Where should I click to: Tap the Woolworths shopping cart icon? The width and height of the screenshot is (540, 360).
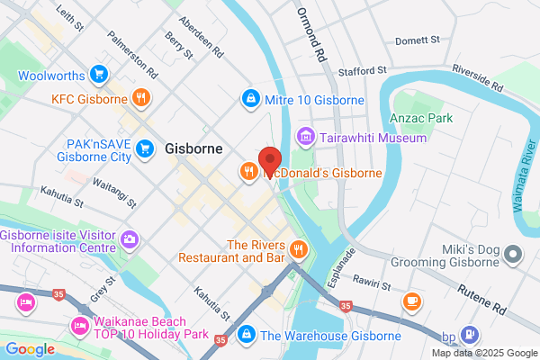100,74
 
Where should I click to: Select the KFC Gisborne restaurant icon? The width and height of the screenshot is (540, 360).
139,98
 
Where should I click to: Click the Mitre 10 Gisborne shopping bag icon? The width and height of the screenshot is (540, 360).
249,97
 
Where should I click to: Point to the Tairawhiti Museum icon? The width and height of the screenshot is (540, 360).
306,138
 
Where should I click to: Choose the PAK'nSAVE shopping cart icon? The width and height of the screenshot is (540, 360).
142,149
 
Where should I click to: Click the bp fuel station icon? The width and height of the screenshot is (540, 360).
468,336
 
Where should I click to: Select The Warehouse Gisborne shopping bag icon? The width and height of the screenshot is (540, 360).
245,336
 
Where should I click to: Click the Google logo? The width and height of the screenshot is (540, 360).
31,348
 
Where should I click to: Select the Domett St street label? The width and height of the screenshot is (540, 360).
418,40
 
